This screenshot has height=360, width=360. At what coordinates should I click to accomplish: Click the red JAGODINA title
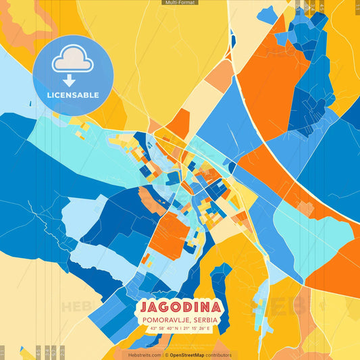pyautogui.click(x=180, y=305)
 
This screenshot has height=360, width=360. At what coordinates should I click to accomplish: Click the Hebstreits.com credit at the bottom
pyautogui.click(x=145, y=355)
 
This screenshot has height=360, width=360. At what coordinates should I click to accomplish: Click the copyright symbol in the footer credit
pyautogui.click(x=166, y=355)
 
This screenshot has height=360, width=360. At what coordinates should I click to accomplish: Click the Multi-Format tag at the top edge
pyautogui.click(x=180, y=3)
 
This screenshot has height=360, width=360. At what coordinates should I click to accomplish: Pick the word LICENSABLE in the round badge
pyautogui.click(x=73, y=95)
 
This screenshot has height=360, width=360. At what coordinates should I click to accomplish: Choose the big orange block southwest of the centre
pyautogui.click(x=168, y=234)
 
